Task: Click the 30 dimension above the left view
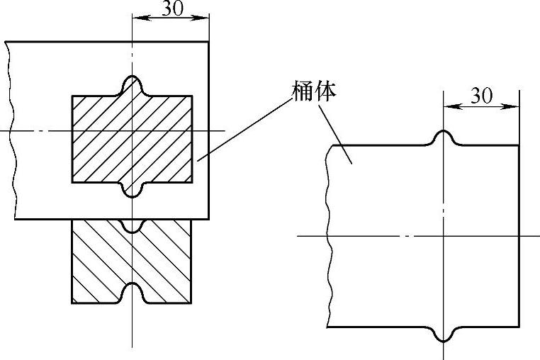170,8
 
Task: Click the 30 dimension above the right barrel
481,96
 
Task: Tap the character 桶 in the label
303,90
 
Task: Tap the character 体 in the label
325,90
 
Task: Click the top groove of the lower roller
133,226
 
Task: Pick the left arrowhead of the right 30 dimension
449,107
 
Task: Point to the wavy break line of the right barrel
329,234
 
